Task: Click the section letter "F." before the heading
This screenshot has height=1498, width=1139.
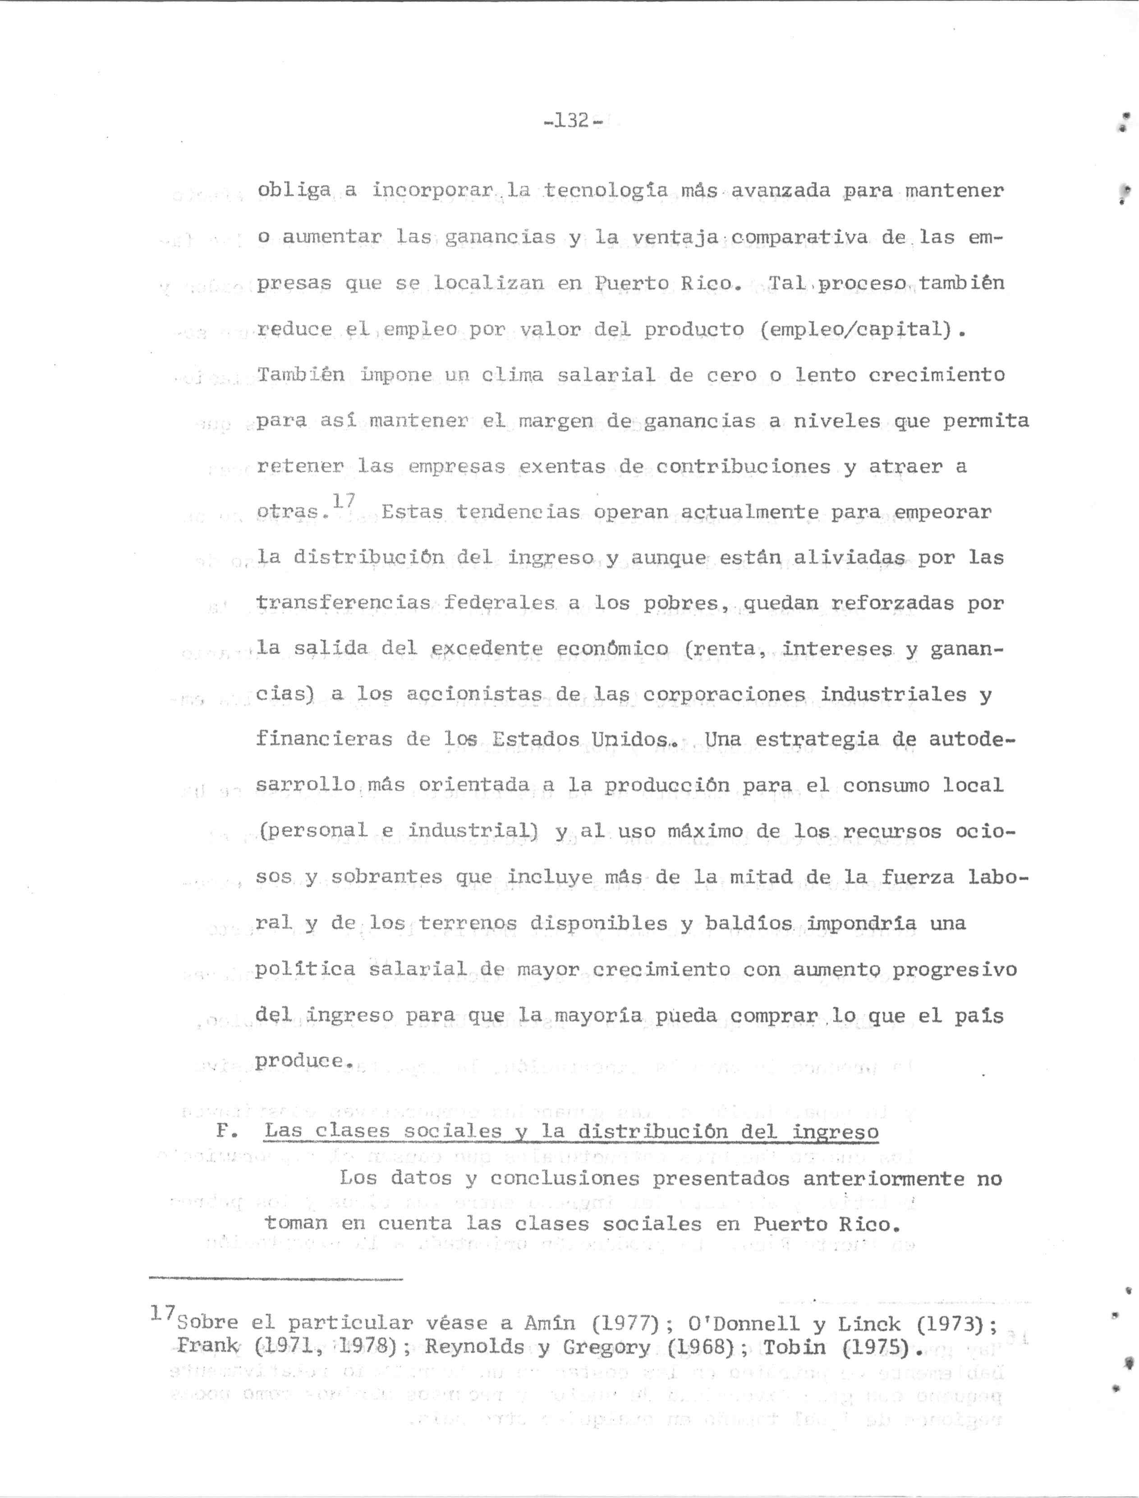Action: (223, 1131)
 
